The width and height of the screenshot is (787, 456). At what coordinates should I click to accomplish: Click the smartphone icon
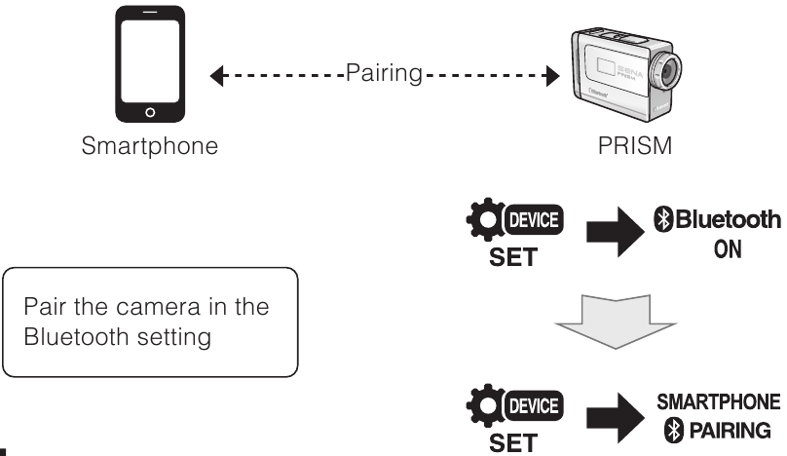pyautogui.click(x=149, y=67)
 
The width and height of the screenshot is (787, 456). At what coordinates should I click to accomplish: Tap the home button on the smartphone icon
pyautogui.click(x=149, y=113)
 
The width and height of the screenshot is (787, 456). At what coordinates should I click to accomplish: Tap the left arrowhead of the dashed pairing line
pyautogui.click(x=217, y=75)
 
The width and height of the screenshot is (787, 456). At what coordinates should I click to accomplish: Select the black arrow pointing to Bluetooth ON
pyautogui.click(x=620, y=234)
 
